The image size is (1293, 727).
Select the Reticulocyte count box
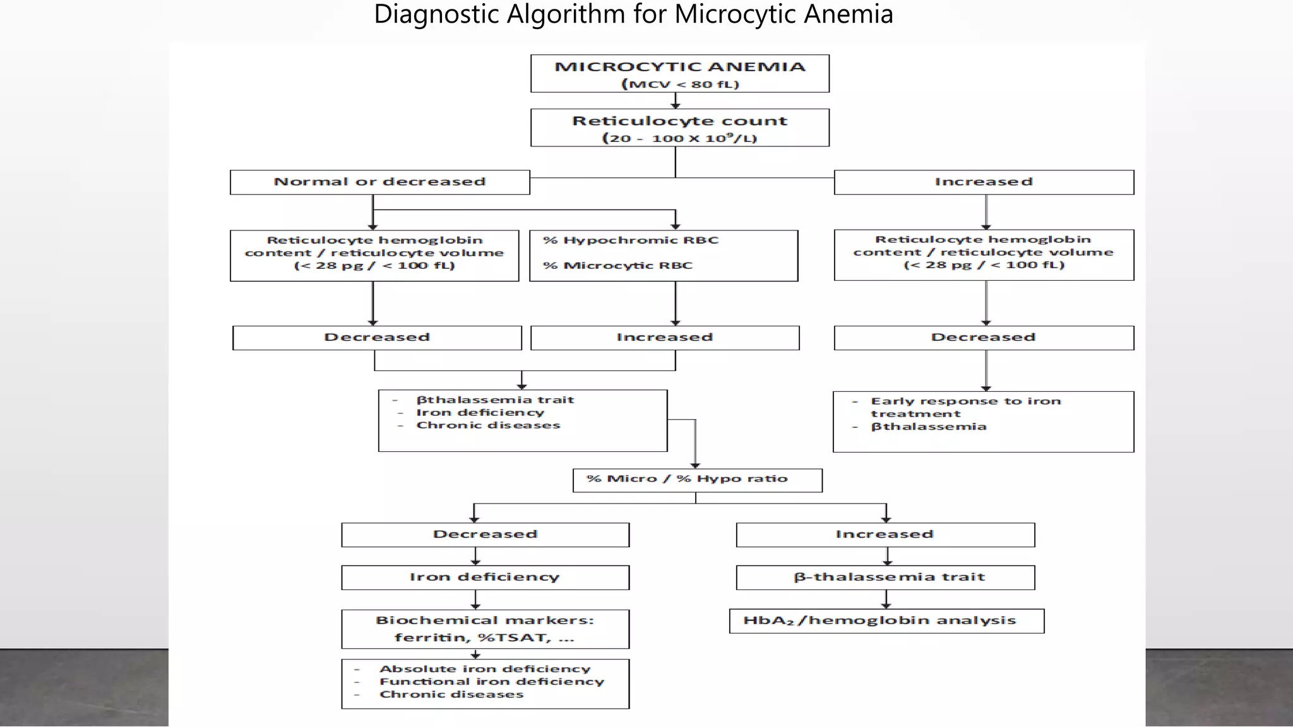pyautogui.click(x=679, y=127)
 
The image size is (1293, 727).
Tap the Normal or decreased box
pyautogui.click(x=379, y=182)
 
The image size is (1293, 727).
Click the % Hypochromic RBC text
pyautogui.click(x=631, y=240)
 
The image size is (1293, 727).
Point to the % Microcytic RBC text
pyautogui.click(x=618, y=266)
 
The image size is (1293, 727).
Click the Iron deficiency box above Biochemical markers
pyautogui.click(x=485, y=577)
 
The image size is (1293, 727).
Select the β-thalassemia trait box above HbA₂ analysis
pyautogui.click(x=885, y=577)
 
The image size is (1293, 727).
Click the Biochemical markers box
pyautogui.click(x=485, y=629)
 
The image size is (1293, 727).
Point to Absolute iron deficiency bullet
pyautogui.click(x=485, y=669)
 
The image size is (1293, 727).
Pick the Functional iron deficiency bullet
pyautogui.click(x=491, y=682)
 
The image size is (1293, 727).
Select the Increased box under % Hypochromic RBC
pyautogui.click(x=665, y=338)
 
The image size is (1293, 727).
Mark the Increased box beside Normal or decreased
pyautogui.click(x=983, y=182)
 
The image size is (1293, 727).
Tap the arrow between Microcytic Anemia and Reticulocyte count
pyautogui.click(x=676, y=101)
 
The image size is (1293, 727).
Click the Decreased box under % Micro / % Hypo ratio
pyautogui.click(x=485, y=535)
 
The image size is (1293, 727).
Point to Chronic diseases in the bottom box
pyautogui.click(x=451, y=694)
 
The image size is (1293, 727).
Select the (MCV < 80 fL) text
pyautogui.click(x=680, y=84)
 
